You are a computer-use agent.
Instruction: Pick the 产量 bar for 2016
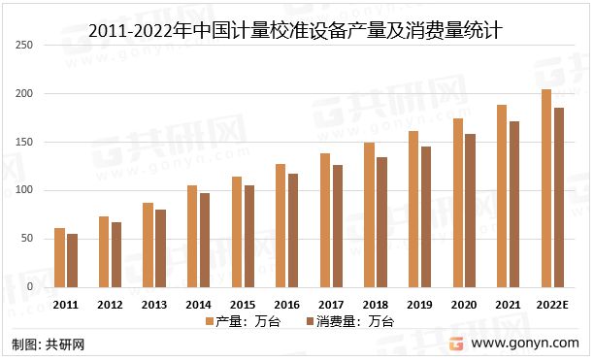(280, 225)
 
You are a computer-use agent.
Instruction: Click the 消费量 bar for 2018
(381, 222)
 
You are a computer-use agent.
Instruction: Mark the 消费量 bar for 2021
(514, 204)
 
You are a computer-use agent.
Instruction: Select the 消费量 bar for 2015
(248, 236)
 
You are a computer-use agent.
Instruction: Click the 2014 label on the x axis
(198, 304)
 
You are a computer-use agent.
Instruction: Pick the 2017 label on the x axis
(331, 304)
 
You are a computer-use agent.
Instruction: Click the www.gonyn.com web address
(527, 344)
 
